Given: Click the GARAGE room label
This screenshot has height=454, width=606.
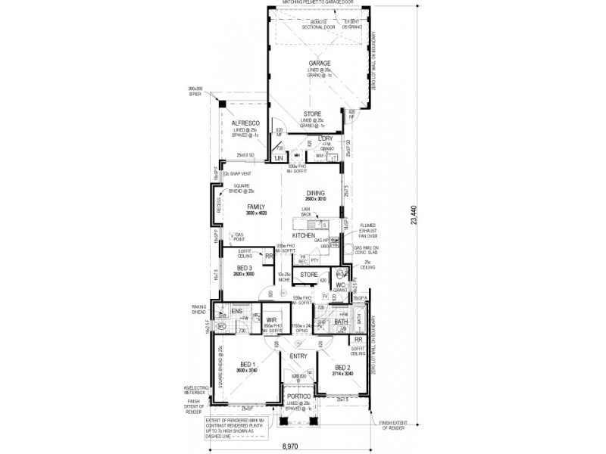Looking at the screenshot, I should pyautogui.click(x=317, y=63).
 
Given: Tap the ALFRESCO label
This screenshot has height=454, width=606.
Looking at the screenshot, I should pyautogui.click(x=246, y=123).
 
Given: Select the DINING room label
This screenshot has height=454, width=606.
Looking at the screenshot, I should pyautogui.click(x=316, y=192).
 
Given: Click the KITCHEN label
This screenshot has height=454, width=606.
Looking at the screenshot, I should pyautogui.click(x=305, y=236).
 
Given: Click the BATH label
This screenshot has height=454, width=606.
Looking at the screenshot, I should pyautogui.click(x=341, y=322).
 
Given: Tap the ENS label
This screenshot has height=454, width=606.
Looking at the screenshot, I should pyautogui.click(x=236, y=310).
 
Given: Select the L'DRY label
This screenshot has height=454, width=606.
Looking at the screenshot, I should pyautogui.click(x=326, y=138).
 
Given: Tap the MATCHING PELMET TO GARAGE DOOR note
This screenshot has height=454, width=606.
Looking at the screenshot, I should pyautogui.click(x=318, y=3).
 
